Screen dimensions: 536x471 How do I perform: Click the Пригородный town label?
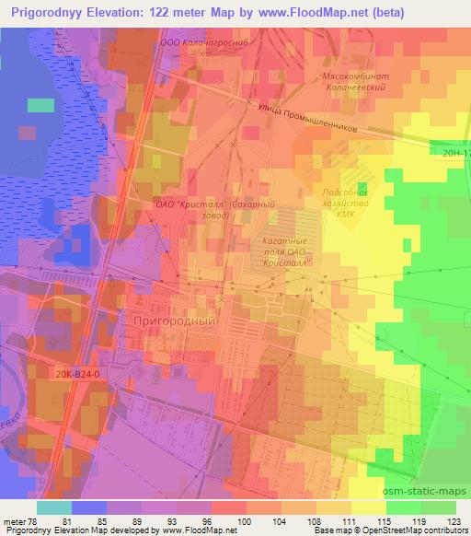coord(175,321)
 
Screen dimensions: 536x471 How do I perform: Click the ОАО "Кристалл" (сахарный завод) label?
coord(202,208)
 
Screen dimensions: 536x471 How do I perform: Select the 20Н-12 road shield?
coord(454,154)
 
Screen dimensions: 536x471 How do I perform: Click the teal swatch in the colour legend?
coord(54,507)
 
